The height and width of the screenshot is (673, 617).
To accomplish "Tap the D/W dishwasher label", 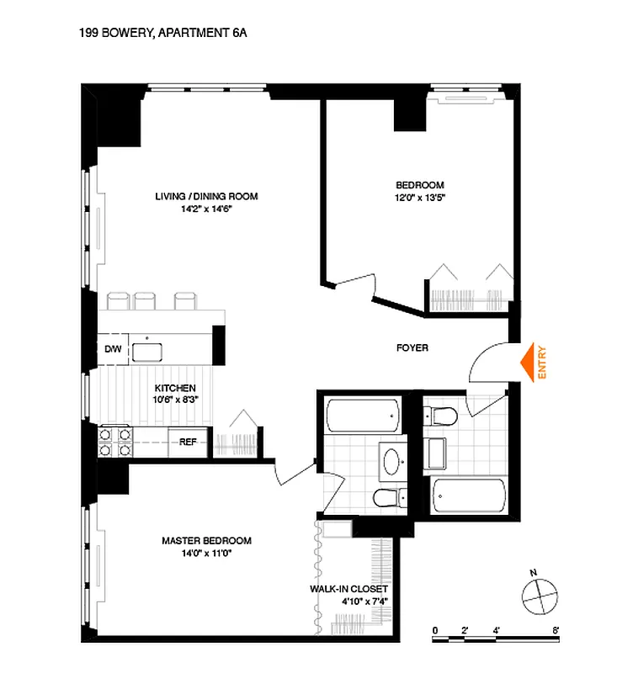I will [x=113, y=348].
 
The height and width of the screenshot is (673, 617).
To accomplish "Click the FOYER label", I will [x=412, y=347].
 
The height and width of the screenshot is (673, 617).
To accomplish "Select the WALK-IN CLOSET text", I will [x=348, y=590].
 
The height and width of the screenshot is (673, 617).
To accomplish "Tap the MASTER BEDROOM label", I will [x=206, y=541].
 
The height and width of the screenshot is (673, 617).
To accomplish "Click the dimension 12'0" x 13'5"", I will [x=419, y=198].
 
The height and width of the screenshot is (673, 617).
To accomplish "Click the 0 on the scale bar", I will [x=435, y=629].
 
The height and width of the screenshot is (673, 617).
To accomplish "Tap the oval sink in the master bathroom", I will [x=392, y=460].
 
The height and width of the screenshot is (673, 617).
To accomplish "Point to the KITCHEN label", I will [x=175, y=388].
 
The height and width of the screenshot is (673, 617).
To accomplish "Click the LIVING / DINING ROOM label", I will [x=206, y=196].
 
